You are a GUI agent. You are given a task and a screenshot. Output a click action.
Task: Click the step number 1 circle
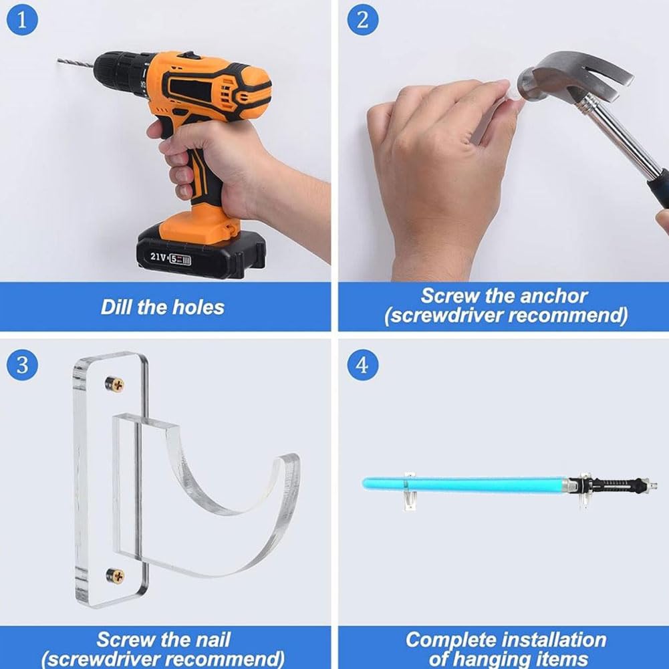coord(22,19)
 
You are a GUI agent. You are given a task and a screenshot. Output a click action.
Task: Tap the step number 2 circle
coord(363,19)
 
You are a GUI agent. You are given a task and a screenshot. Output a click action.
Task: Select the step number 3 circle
coord(22,365)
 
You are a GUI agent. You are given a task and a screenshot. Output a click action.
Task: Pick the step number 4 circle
coord(363,365)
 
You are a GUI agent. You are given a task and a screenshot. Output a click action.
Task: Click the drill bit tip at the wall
coord(58,61)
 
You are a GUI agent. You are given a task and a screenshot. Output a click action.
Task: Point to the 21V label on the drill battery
coord(158,257)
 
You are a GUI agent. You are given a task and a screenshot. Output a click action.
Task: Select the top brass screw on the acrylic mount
coord(115,384)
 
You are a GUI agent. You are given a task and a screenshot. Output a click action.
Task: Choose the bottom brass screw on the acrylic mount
coord(115,576)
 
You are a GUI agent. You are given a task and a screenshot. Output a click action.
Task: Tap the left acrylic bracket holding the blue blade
coord(410,491)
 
